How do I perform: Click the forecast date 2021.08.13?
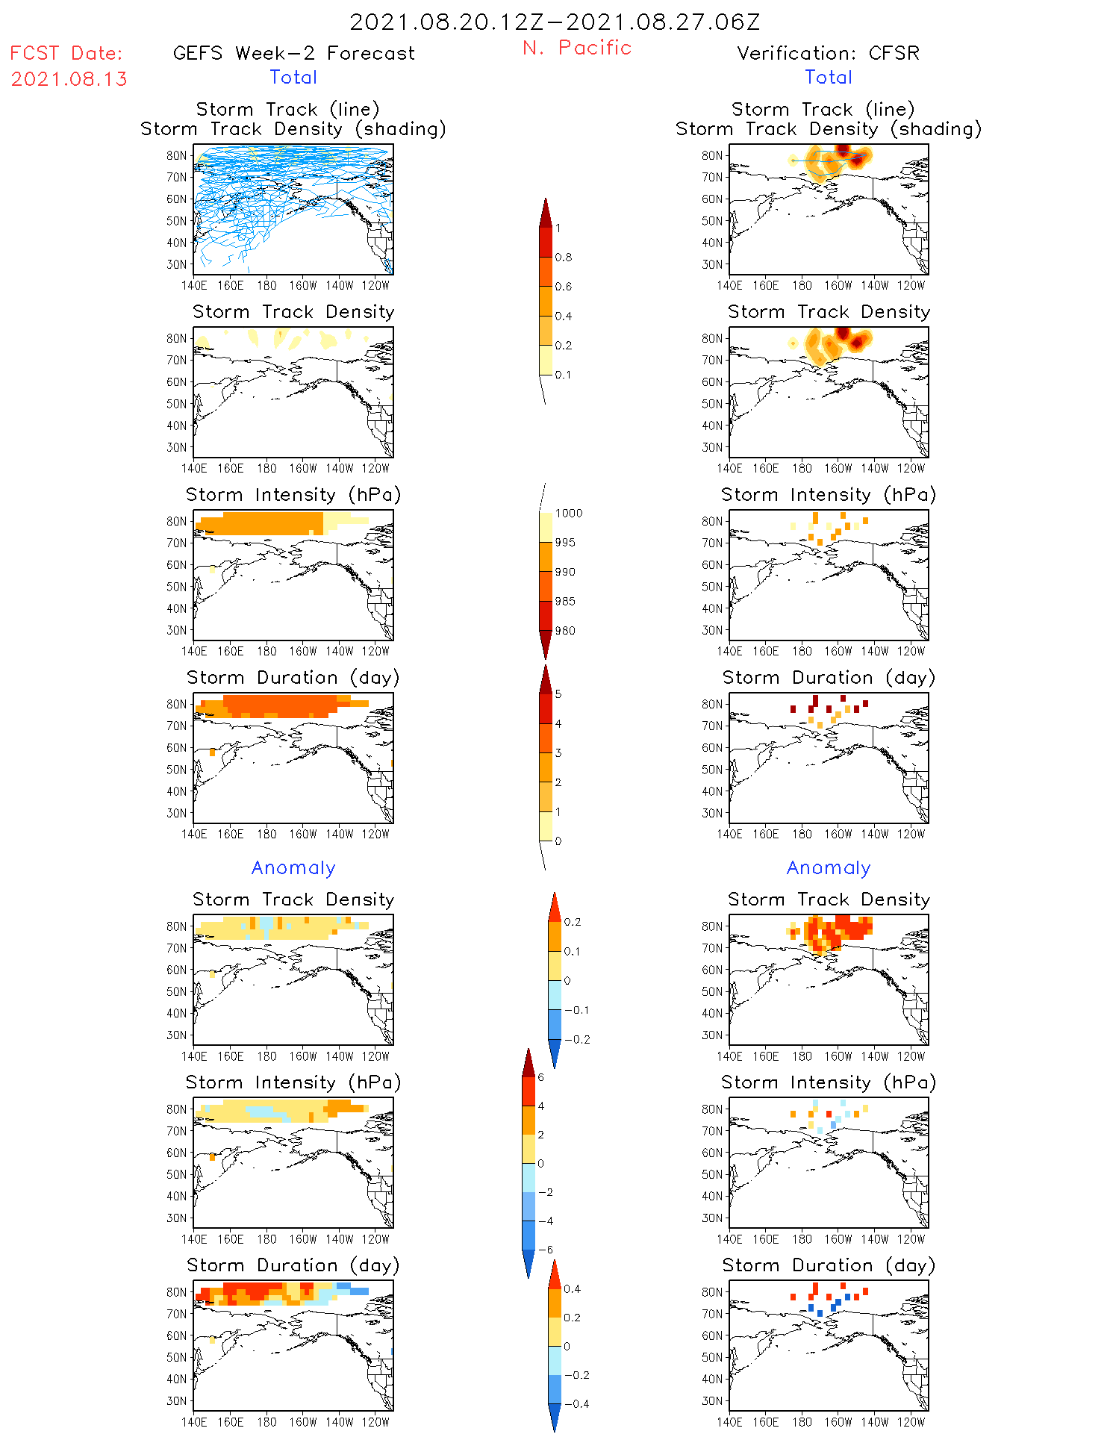click(69, 79)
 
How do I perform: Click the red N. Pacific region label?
click(577, 48)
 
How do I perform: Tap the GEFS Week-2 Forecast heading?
click(293, 53)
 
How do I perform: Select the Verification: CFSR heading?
click(828, 53)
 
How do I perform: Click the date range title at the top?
click(555, 22)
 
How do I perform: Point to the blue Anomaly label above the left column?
click(293, 867)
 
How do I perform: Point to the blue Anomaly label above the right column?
click(829, 867)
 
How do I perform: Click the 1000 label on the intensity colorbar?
click(568, 513)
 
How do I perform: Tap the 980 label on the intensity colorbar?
click(565, 631)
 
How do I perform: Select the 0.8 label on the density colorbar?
click(564, 258)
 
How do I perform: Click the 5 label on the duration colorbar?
click(558, 694)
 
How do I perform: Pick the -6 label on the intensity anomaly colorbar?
click(546, 1250)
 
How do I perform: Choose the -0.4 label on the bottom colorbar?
click(576, 1403)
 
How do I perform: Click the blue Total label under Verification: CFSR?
click(829, 77)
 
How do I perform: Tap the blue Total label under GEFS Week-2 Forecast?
click(293, 77)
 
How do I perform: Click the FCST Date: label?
click(66, 53)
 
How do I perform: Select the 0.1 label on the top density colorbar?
click(564, 375)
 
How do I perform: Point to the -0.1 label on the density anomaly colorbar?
click(576, 1010)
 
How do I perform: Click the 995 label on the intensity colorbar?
click(565, 543)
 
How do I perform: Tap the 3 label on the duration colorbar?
click(558, 753)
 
